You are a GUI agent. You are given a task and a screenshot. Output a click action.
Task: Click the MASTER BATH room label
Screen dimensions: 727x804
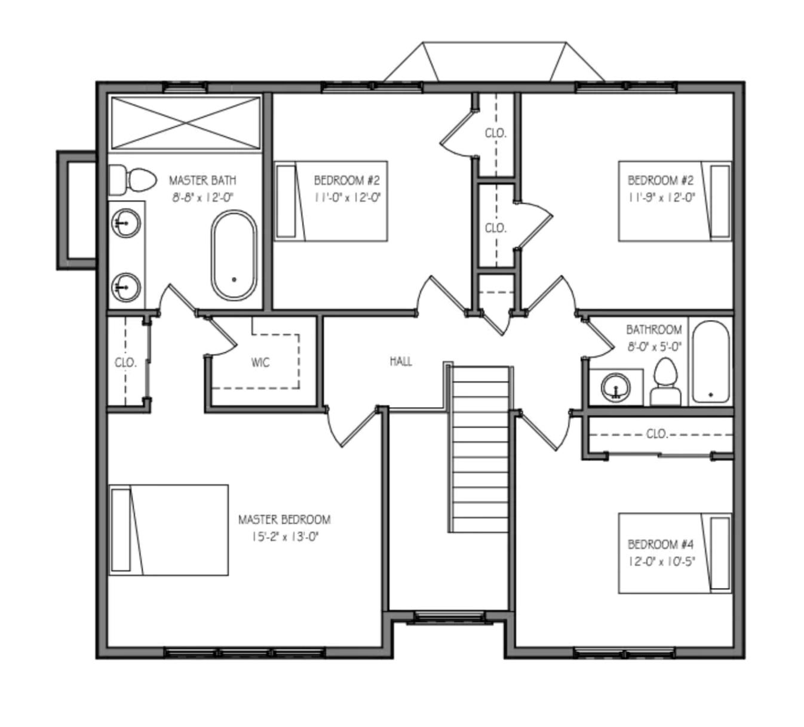point(202,180)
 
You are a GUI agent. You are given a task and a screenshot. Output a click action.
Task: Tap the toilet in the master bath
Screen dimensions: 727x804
point(133,180)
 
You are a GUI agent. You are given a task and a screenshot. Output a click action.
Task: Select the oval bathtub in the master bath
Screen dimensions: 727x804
point(234,255)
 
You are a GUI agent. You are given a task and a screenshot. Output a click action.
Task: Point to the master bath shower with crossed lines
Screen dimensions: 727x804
point(186,122)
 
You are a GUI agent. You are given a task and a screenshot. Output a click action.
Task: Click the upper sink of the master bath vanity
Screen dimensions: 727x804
point(125,223)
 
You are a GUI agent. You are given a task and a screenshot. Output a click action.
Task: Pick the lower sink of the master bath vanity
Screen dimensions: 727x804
point(125,287)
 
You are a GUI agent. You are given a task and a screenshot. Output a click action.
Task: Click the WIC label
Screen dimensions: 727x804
point(260,362)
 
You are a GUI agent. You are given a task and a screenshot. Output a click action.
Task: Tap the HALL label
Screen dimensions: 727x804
point(401,361)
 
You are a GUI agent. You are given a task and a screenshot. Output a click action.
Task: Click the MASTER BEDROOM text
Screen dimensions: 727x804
point(284,520)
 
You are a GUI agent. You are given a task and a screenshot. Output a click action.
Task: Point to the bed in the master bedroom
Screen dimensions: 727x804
point(168,530)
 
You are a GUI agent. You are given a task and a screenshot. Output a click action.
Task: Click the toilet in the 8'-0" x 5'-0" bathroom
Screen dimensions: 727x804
point(665,383)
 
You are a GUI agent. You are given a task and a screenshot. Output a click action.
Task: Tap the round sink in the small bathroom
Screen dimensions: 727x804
point(615,387)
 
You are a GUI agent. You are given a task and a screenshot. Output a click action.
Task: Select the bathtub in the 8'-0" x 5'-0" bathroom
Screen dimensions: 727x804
point(710,362)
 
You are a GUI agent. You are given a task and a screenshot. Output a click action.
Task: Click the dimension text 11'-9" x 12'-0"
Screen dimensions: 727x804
point(661,198)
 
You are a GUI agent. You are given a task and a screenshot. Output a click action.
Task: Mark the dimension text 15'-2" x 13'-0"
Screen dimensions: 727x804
point(285,537)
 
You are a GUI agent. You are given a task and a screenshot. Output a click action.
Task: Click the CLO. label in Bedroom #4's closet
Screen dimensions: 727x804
point(657,434)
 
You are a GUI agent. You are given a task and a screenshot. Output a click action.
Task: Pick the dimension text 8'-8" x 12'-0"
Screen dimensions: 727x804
point(202,198)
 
